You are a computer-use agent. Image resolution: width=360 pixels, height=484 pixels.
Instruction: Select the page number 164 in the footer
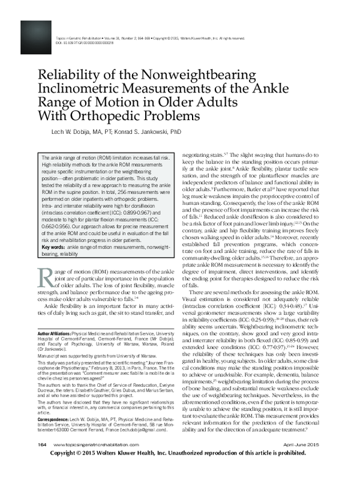pos(41,461)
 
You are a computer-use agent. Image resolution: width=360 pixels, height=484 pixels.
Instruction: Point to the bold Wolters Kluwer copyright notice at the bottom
pos(180,472)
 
